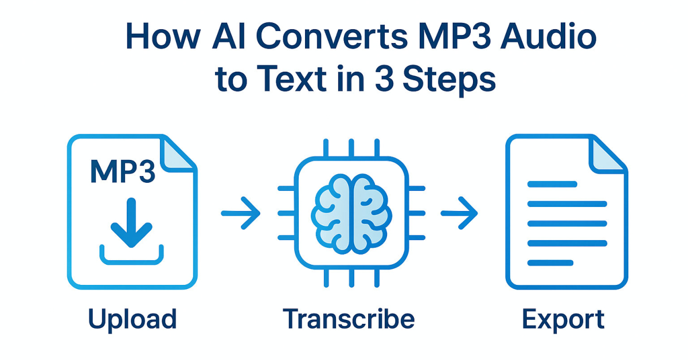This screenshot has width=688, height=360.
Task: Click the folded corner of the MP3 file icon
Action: [x=178, y=154]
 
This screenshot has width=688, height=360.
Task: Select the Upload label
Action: [x=132, y=319]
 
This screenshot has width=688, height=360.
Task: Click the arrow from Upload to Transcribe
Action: [x=241, y=213]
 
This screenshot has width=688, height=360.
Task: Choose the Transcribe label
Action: [x=349, y=319]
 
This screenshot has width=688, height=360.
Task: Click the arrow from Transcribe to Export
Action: [x=459, y=213]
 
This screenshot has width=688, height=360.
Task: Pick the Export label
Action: [x=563, y=319]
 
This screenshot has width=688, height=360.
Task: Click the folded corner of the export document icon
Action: [x=609, y=154]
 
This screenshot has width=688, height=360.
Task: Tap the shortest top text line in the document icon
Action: [x=552, y=184]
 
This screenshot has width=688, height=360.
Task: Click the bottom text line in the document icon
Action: [x=550, y=263]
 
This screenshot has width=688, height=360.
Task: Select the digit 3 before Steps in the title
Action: [x=385, y=80]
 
